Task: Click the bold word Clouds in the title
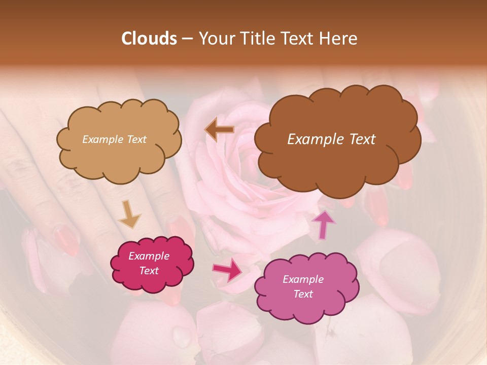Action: click(149, 39)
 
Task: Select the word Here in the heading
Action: click(339, 39)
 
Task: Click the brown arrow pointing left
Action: click(219, 130)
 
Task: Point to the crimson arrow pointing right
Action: click(228, 270)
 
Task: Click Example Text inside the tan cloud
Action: click(114, 139)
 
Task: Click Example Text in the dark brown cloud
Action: click(331, 139)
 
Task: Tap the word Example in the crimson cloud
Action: click(149, 256)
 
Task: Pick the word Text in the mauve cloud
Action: click(303, 294)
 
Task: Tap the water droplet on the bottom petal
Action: click(181, 335)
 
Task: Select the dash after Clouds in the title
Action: click(187, 39)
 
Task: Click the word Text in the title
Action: click(299, 39)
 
